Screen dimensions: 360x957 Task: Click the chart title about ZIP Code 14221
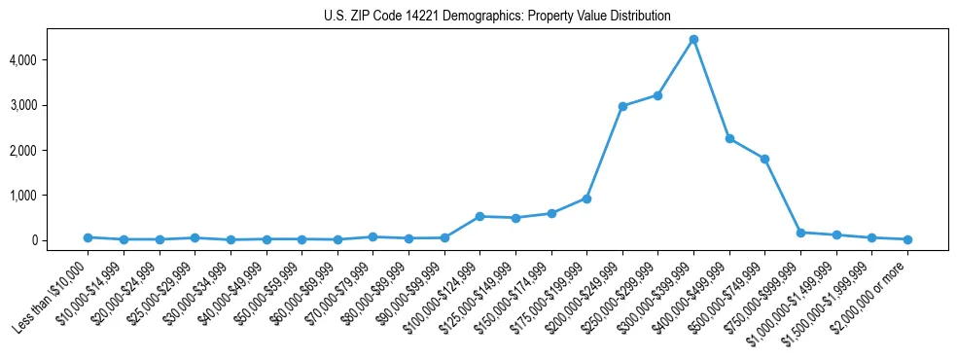click(497, 17)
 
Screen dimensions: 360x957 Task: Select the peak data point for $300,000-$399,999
click(693, 40)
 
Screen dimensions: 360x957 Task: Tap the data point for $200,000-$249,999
click(622, 106)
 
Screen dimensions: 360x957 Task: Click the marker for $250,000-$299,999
click(658, 95)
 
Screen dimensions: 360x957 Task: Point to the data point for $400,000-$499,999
click(729, 138)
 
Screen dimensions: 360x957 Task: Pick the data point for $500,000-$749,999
click(765, 159)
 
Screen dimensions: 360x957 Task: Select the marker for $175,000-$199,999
click(586, 198)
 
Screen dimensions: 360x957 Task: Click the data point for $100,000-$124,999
click(479, 216)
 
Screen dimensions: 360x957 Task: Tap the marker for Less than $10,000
click(88, 237)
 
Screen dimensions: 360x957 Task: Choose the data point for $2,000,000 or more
click(907, 239)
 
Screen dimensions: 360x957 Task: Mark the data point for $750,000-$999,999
click(800, 233)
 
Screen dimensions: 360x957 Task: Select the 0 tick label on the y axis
click(60, 240)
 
